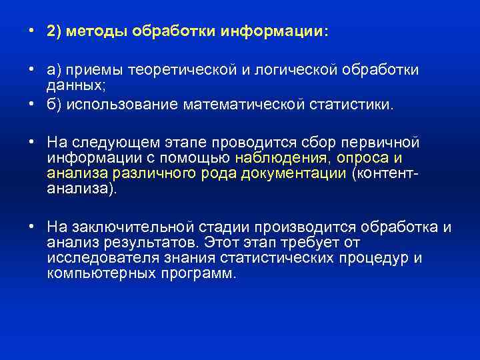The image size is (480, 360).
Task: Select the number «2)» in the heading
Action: pyautogui.click(x=55, y=32)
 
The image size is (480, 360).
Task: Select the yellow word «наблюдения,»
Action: pyautogui.click(x=275, y=157)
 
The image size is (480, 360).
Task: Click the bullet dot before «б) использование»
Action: pyautogui.click(x=32, y=105)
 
